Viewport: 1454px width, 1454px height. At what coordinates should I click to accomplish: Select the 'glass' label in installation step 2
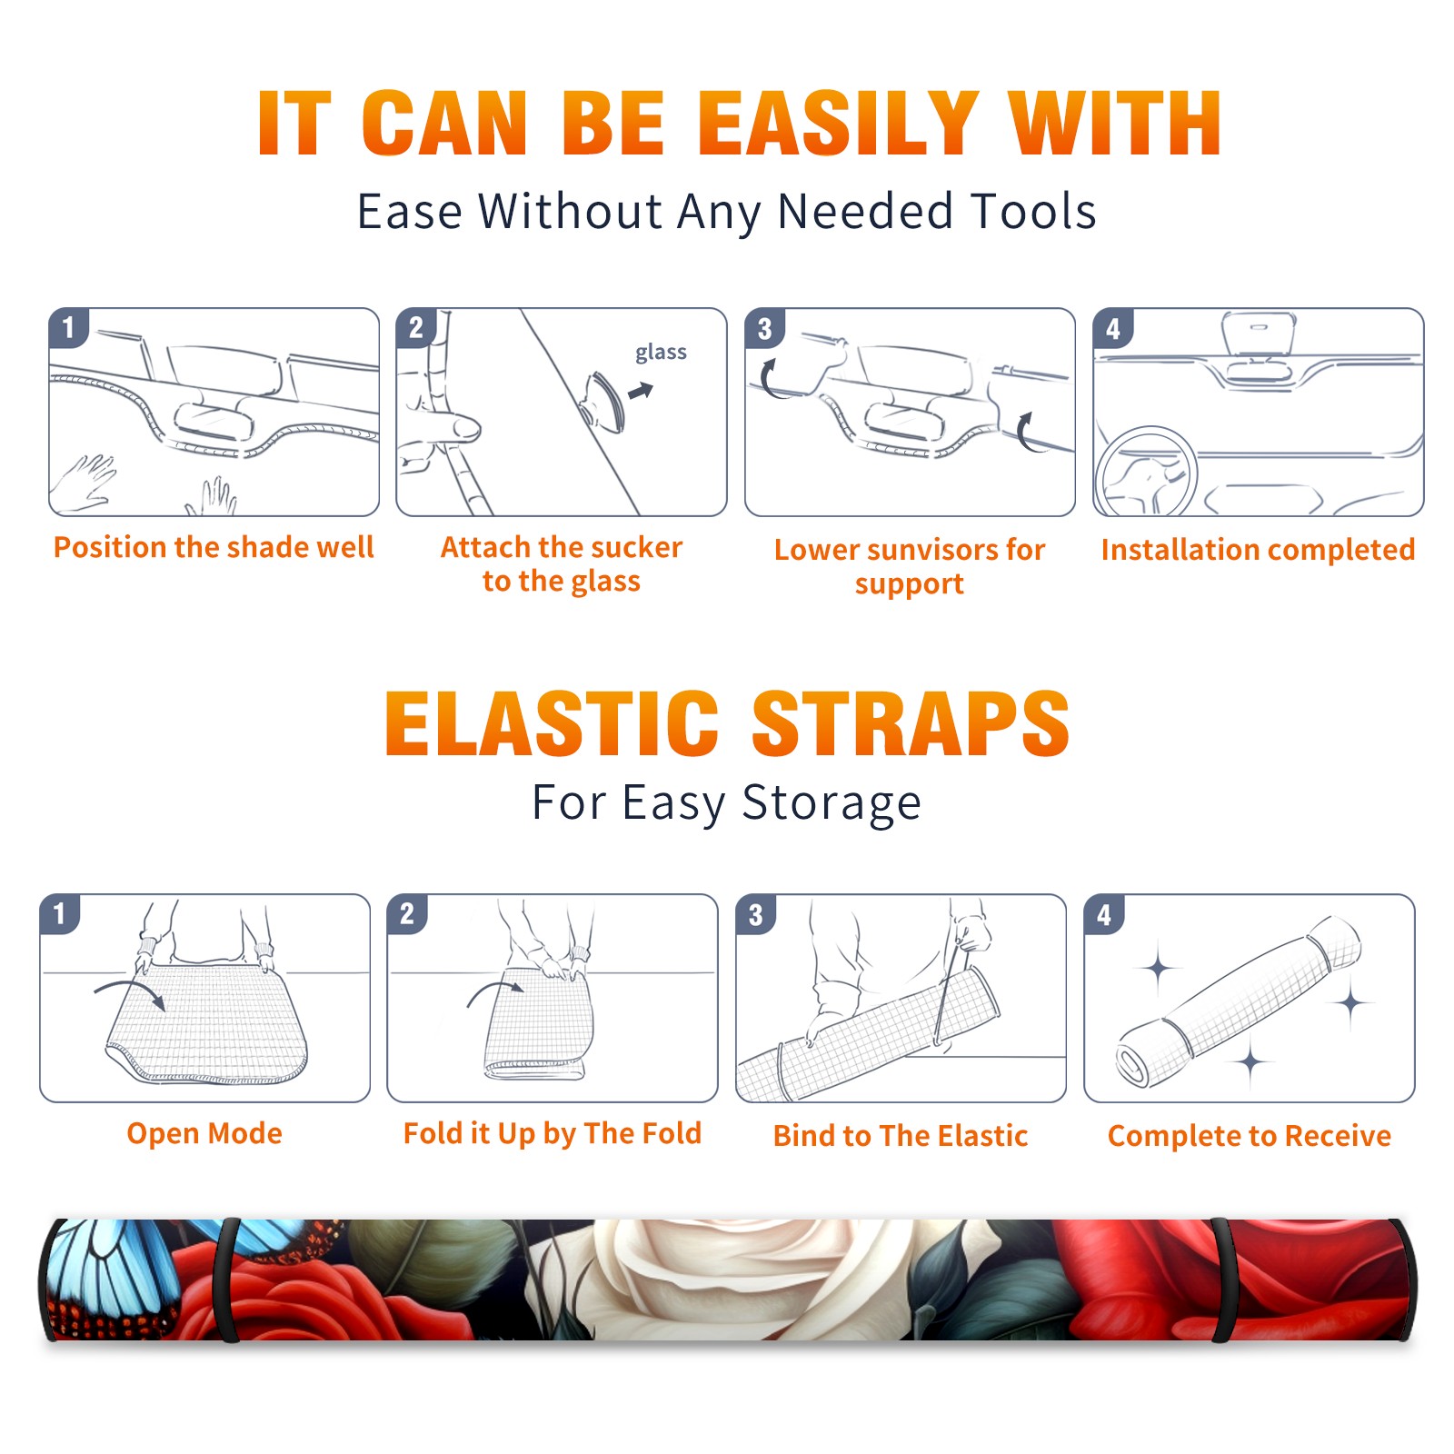(661, 353)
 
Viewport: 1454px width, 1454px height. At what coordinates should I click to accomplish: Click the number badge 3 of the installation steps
(764, 328)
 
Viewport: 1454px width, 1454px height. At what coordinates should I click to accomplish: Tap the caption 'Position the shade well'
(214, 547)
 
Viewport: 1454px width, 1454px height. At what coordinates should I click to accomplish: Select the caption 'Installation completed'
(1258, 550)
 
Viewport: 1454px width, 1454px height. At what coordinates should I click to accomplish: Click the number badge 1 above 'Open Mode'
(60, 913)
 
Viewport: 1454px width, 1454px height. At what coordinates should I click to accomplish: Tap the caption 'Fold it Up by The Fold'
(553, 1133)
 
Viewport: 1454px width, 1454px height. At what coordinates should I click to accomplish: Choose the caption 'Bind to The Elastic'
(901, 1136)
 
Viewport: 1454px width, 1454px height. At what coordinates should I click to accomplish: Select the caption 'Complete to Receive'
(1250, 1136)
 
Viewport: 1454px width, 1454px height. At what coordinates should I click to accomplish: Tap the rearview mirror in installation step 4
(1258, 334)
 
